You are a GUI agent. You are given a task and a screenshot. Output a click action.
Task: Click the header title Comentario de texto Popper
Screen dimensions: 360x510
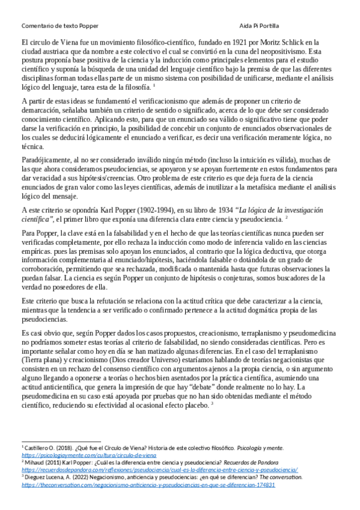(59, 26)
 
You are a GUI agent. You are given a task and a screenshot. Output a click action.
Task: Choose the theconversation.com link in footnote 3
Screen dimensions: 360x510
(148, 484)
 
